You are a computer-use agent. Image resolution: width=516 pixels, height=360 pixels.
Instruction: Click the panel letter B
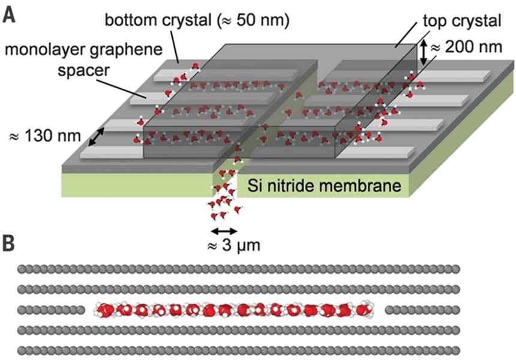[10, 245]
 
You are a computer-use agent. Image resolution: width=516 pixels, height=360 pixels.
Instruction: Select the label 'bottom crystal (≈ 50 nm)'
[197, 20]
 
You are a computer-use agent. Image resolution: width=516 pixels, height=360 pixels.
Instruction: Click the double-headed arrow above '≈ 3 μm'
[224, 230]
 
